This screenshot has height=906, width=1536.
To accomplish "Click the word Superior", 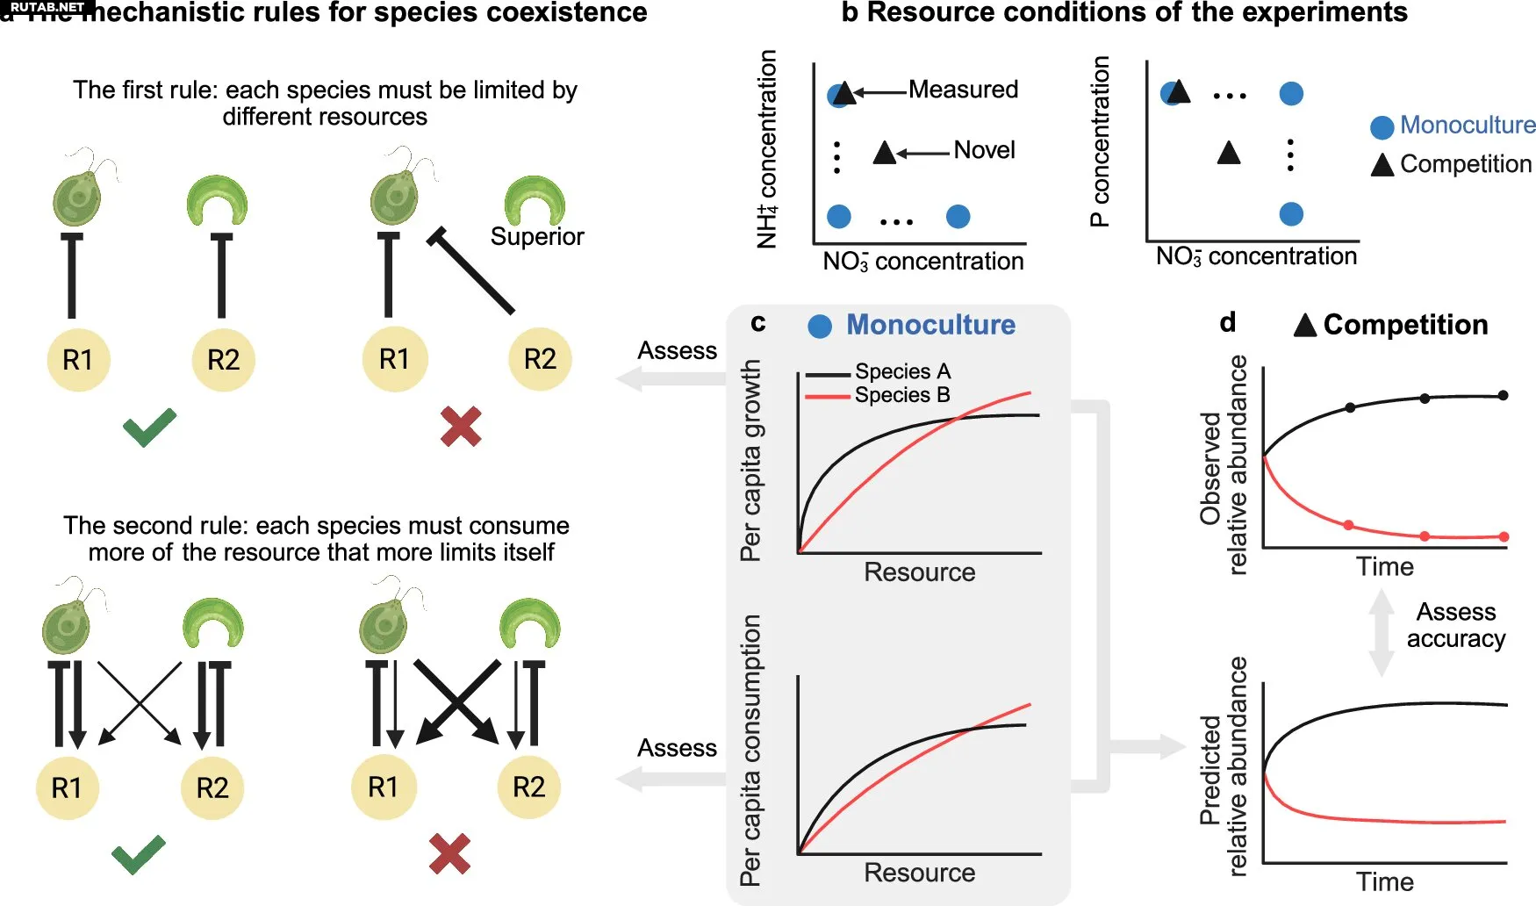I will (x=536, y=237).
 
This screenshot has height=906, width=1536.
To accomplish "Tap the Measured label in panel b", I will (x=963, y=90).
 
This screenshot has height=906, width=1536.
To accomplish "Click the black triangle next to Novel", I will (x=884, y=153).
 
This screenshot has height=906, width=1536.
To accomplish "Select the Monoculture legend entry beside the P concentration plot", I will (x=1453, y=126).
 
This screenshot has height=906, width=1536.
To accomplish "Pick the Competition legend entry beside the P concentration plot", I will (x=1453, y=164).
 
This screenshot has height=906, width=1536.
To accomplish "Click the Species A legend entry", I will (x=902, y=371).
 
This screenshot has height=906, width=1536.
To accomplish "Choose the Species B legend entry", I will (x=902, y=395).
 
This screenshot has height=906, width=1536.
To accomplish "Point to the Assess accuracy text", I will (x=1455, y=625).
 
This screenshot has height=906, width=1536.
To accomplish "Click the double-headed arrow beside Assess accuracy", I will (x=1382, y=632).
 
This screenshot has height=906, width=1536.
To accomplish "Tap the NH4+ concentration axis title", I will (x=767, y=149).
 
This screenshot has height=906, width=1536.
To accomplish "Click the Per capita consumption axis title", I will (x=750, y=751).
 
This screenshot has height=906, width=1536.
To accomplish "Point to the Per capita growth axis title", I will (x=750, y=461).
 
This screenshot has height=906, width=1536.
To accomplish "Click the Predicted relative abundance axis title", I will (x=1224, y=766).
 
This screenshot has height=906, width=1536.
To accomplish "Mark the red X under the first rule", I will (x=461, y=427).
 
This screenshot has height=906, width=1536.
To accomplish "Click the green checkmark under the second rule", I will (x=138, y=854).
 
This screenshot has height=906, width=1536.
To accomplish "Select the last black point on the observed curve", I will (x=1503, y=395).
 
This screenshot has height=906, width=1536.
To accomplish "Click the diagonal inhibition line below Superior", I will (x=472, y=272).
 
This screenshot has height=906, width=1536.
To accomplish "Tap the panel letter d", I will (x=1228, y=322).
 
